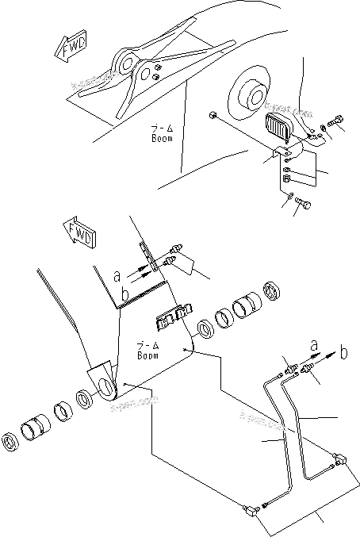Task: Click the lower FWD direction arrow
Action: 79,235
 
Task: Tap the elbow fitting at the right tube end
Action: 342,458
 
